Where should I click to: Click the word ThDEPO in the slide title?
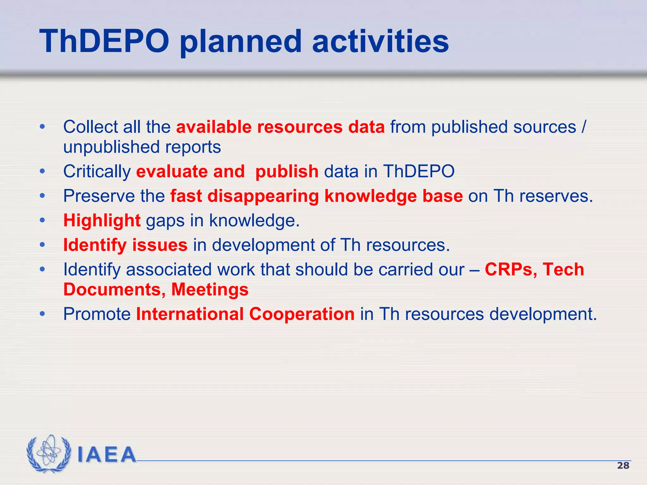[104, 41]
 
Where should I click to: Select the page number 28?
[623, 465]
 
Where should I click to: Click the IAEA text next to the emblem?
[106, 455]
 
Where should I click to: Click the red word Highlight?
[102, 220]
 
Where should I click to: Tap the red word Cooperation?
[302, 314]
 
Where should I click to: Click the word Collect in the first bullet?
[90, 127]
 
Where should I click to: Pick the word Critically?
[97, 171]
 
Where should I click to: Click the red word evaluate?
[172, 171]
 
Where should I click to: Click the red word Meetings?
[210, 290]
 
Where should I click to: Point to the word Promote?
[97, 314]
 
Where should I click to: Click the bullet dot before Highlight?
[42, 220]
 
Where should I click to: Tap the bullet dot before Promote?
[42, 314]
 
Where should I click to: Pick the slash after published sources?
[583, 127]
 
